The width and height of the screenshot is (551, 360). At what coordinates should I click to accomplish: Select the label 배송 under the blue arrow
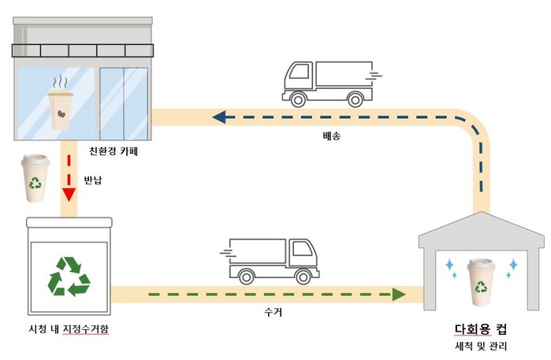pyautogui.click(x=332, y=135)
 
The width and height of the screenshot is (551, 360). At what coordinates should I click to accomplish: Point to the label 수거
pyautogui.click(x=272, y=312)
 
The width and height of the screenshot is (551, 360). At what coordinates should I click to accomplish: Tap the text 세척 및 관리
pyautogui.click(x=481, y=347)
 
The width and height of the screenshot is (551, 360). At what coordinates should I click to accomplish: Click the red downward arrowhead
pyautogui.click(x=69, y=195)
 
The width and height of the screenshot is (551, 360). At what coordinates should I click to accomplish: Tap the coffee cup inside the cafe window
pyautogui.click(x=61, y=106)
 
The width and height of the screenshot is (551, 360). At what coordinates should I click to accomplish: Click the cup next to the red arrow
pyautogui.click(x=35, y=179)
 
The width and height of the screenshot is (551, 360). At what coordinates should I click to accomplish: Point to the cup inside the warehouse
pyautogui.click(x=480, y=281)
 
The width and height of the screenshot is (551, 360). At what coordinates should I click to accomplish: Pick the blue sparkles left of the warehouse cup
pyautogui.click(x=451, y=265)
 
